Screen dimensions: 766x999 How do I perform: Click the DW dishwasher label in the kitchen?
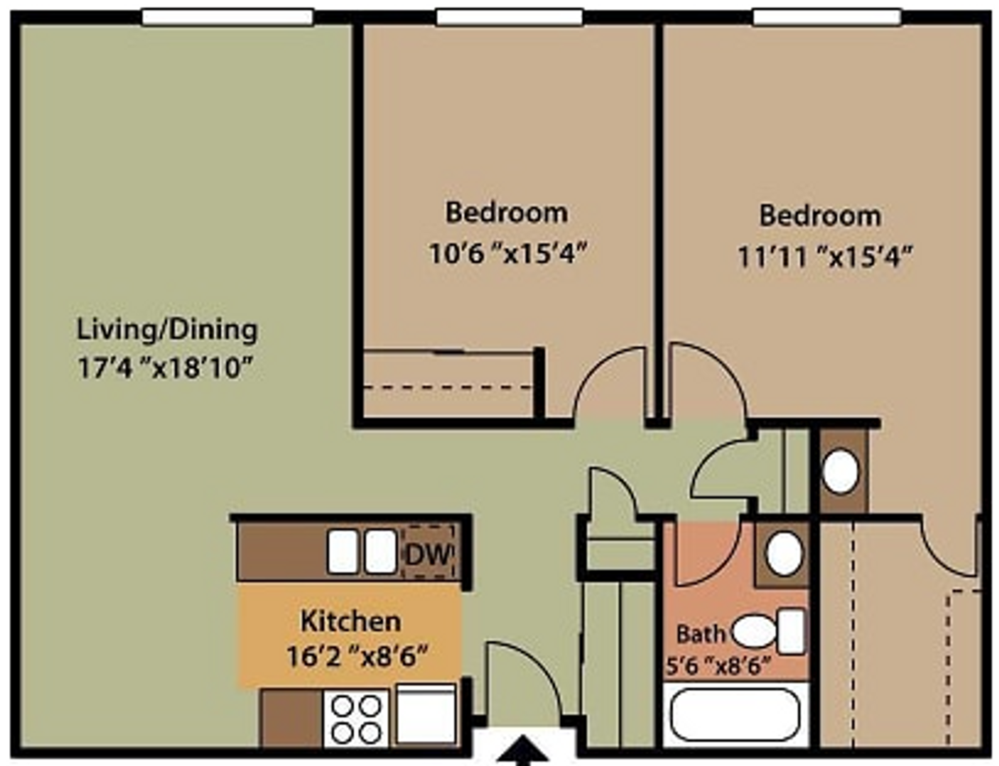click(x=428, y=553)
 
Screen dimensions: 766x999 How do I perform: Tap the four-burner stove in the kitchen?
click(x=356, y=718)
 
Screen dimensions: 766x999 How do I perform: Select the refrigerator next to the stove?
click(x=425, y=715)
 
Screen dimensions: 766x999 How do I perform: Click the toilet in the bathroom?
click(x=769, y=631)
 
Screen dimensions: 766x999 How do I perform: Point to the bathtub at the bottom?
click(x=735, y=715)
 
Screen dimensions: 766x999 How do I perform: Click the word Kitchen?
click(x=350, y=621)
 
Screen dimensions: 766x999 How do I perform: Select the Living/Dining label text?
click(x=167, y=330)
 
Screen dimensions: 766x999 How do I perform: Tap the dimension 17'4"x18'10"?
click(x=165, y=368)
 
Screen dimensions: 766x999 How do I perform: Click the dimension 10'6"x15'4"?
click(x=508, y=252)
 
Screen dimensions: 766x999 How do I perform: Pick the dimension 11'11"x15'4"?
click(x=824, y=256)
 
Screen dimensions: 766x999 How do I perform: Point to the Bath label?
click(x=700, y=633)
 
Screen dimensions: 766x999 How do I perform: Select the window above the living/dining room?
click(x=227, y=17)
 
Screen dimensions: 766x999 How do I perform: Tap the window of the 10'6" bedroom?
click(x=509, y=17)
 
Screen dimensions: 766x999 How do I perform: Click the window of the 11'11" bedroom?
click(x=826, y=17)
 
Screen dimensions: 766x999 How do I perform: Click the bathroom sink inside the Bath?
click(x=784, y=554)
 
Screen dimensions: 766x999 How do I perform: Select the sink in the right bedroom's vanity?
click(x=841, y=472)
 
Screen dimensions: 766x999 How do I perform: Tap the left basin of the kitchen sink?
click(x=342, y=552)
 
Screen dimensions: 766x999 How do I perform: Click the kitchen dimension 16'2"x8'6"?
click(x=357, y=657)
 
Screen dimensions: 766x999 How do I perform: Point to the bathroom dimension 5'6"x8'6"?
click(x=718, y=667)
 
